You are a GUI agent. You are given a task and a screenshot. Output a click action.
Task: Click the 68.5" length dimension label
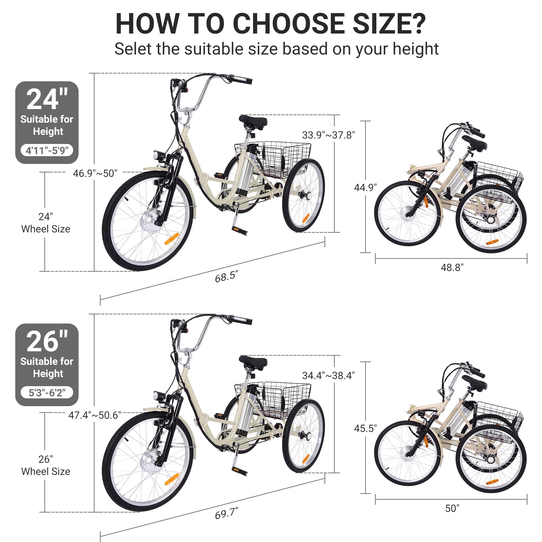227,276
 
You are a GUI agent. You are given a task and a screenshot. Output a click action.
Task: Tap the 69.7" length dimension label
227,513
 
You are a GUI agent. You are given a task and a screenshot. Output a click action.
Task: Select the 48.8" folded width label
452,268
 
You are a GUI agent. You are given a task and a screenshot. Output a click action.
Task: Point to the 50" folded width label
452,508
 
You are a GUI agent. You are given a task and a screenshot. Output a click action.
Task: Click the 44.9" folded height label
365,187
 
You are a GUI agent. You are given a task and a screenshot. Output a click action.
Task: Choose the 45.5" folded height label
365,428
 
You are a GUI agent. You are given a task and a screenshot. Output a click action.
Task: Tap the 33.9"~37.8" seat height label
328,135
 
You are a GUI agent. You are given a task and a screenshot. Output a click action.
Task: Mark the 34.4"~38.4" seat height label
328,375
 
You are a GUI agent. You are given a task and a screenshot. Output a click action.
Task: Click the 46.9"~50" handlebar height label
95,173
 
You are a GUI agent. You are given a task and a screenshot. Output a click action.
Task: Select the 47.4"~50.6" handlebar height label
95,415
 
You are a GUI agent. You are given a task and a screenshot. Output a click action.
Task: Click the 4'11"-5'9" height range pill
47,150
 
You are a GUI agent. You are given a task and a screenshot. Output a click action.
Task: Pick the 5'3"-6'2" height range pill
47,393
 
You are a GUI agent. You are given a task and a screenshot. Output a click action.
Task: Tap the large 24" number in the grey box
47,99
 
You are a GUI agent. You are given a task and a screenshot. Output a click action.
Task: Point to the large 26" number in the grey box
47,341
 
